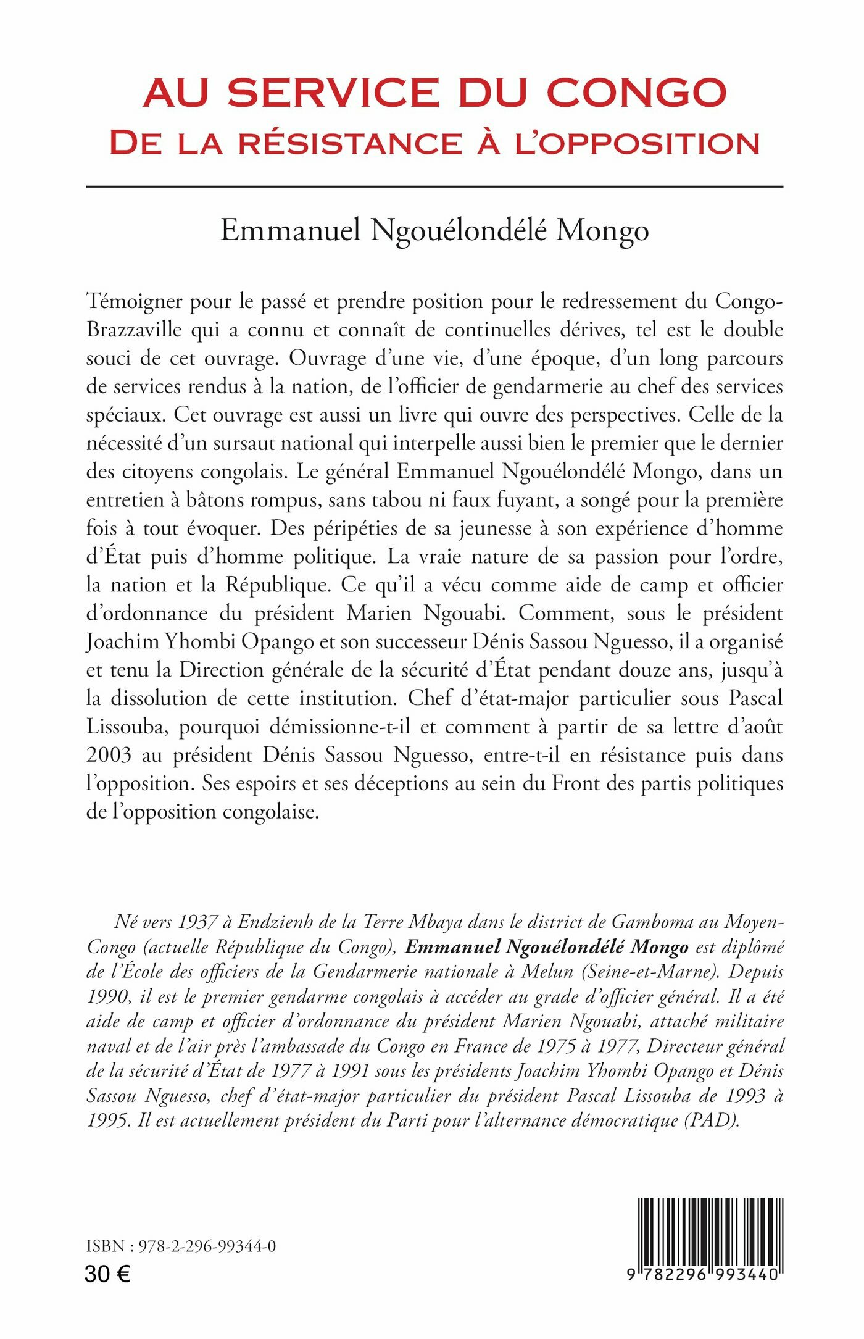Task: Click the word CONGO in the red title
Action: (x=636, y=93)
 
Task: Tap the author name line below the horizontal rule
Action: (x=434, y=230)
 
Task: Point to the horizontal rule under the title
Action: (x=434, y=186)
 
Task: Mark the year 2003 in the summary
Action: (x=109, y=755)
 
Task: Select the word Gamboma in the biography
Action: (x=652, y=922)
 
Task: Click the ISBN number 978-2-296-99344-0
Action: (x=205, y=1246)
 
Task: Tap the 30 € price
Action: (x=107, y=1274)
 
